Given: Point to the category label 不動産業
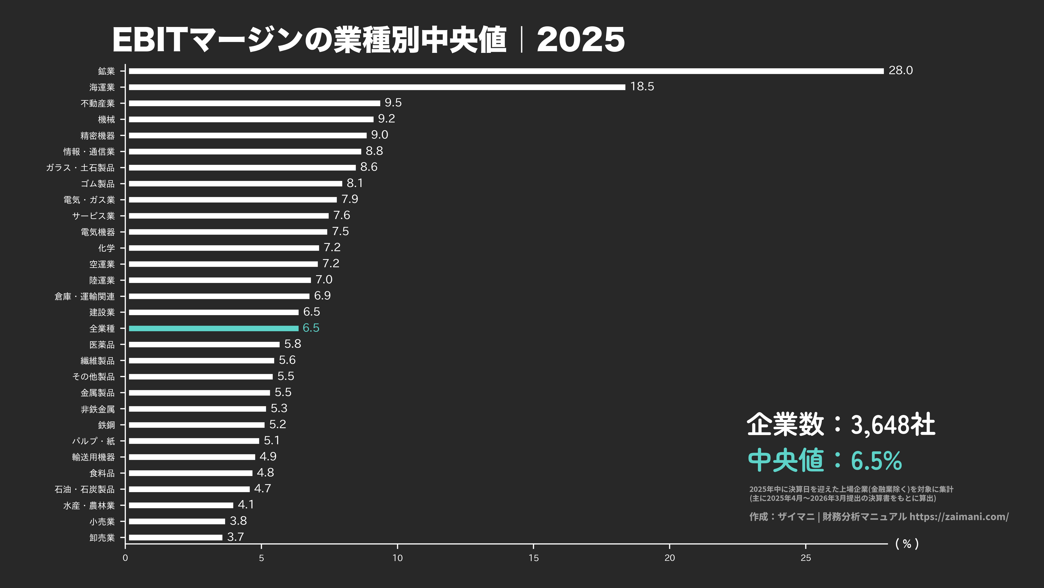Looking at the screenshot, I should point(98,103).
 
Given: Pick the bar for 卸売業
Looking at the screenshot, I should point(175,537).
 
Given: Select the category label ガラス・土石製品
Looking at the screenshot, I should point(80,168).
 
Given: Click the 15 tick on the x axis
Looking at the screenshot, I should point(533,558).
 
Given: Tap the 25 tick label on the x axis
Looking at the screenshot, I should point(806,558).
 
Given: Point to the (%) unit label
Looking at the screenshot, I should point(907,544).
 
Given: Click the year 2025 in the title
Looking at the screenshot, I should point(580,40).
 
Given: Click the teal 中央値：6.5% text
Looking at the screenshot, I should point(825,460).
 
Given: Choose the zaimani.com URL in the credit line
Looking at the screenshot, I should point(959,517).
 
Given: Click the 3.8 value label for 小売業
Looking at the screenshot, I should point(238,521).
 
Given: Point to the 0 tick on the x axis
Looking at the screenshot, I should point(125,558).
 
